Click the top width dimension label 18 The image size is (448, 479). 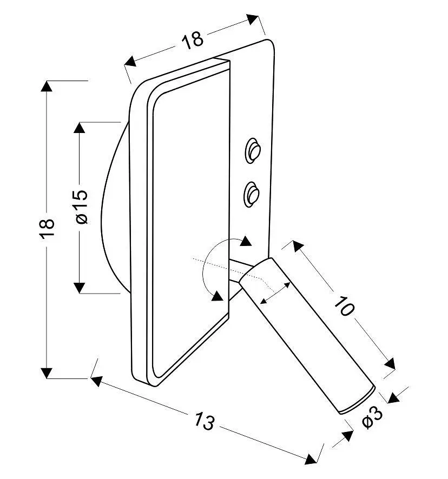pos(193,39)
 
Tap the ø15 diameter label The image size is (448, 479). pos(82,207)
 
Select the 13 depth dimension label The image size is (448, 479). pos(205,421)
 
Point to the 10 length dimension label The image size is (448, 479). pos(344,305)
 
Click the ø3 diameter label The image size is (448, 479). pos(372,417)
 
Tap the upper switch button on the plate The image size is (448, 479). pos(253,151)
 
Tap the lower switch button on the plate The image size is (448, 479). pos(252,195)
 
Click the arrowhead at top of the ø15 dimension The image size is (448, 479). pos(79,128)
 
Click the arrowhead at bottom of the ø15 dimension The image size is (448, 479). pos(79,288)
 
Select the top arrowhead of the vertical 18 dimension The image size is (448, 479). pos(47,86)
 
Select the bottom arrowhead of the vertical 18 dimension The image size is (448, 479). pos(47,373)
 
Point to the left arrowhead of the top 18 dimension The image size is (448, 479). pos(130,62)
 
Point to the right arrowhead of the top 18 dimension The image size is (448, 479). pos(253,19)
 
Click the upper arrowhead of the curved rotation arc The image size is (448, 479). pos(246,241)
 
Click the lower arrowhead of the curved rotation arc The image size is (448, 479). pos(218,296)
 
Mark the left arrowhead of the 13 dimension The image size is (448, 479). pos(97,381)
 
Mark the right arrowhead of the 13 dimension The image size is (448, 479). pos(311,459)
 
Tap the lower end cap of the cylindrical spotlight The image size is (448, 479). pos(358,401)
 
